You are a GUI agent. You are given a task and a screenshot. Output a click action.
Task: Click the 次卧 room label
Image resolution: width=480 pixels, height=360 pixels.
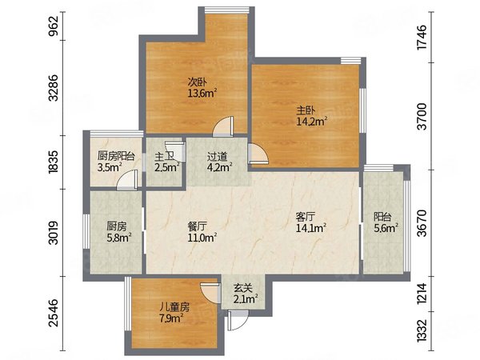tap(197, 82)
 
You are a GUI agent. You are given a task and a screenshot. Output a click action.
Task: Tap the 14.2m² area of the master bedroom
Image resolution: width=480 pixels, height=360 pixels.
tap(312, 121)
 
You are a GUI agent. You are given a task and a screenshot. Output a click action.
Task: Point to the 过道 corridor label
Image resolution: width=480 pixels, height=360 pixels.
tap(217, 157)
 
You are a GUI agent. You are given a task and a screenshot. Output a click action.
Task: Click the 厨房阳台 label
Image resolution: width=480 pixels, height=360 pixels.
tap(116, 156)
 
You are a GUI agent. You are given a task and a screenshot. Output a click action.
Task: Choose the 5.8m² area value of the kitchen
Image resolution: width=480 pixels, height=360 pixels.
tap(118, 238)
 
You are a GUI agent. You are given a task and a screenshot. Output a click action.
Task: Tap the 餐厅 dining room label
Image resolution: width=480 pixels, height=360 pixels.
tap(197, 226)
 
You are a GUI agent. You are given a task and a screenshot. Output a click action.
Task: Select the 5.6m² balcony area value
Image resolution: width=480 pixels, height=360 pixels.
tap(386, 228)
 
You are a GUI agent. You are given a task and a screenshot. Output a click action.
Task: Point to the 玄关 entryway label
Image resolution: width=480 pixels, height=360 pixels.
tap(243, 288)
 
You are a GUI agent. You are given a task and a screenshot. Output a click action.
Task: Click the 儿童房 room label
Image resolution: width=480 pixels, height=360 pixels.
tap(174, 307)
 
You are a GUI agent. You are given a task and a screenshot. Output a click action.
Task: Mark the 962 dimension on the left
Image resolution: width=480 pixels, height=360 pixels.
tap(53, 26)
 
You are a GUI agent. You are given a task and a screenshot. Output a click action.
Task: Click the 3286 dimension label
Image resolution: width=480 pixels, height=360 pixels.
tap(53, 87)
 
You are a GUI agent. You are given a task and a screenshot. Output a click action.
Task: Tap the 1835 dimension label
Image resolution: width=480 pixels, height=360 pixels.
tap(53, 162)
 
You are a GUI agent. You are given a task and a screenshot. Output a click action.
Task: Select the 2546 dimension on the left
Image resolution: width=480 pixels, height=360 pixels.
tap(53, 313)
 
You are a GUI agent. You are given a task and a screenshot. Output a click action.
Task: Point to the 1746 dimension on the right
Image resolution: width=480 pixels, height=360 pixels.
tap(422, 37)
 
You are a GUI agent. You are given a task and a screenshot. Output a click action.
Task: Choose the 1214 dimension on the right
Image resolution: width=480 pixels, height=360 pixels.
tap(422, 294)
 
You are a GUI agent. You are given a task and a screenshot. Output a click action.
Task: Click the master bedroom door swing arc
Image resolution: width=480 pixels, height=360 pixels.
tap(259, 154)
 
